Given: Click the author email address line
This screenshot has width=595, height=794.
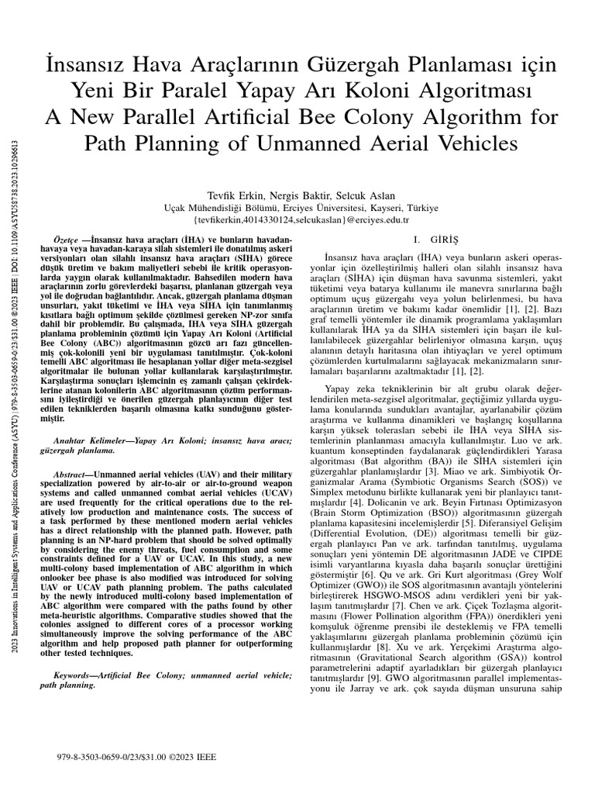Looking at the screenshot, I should click(300, 220).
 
